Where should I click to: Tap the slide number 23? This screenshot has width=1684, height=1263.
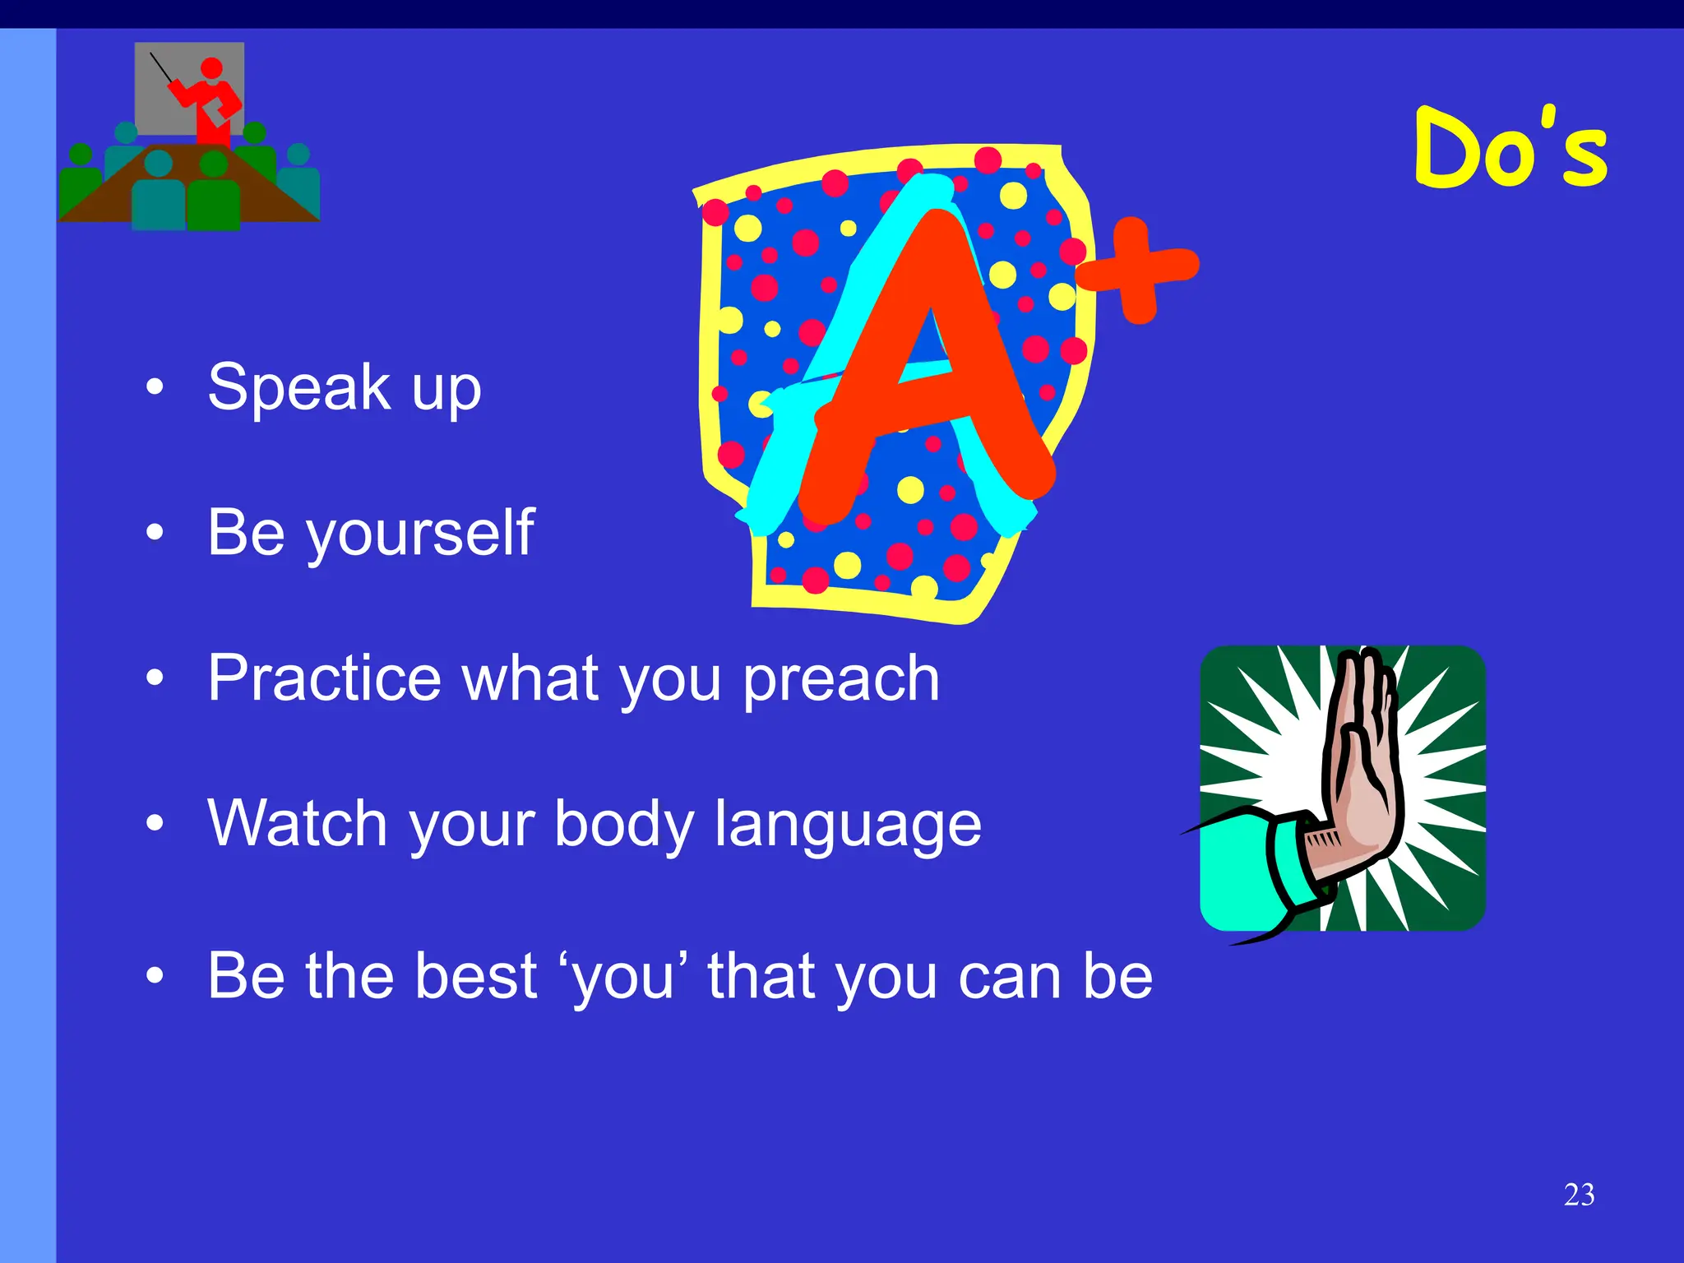click(x=1579, y=1194)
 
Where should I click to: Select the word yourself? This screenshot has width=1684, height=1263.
click(x=420, y=534)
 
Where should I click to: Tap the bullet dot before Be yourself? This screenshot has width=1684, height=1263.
click(x=155, y=533)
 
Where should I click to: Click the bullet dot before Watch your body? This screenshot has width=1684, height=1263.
click(x=155, y=822)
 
